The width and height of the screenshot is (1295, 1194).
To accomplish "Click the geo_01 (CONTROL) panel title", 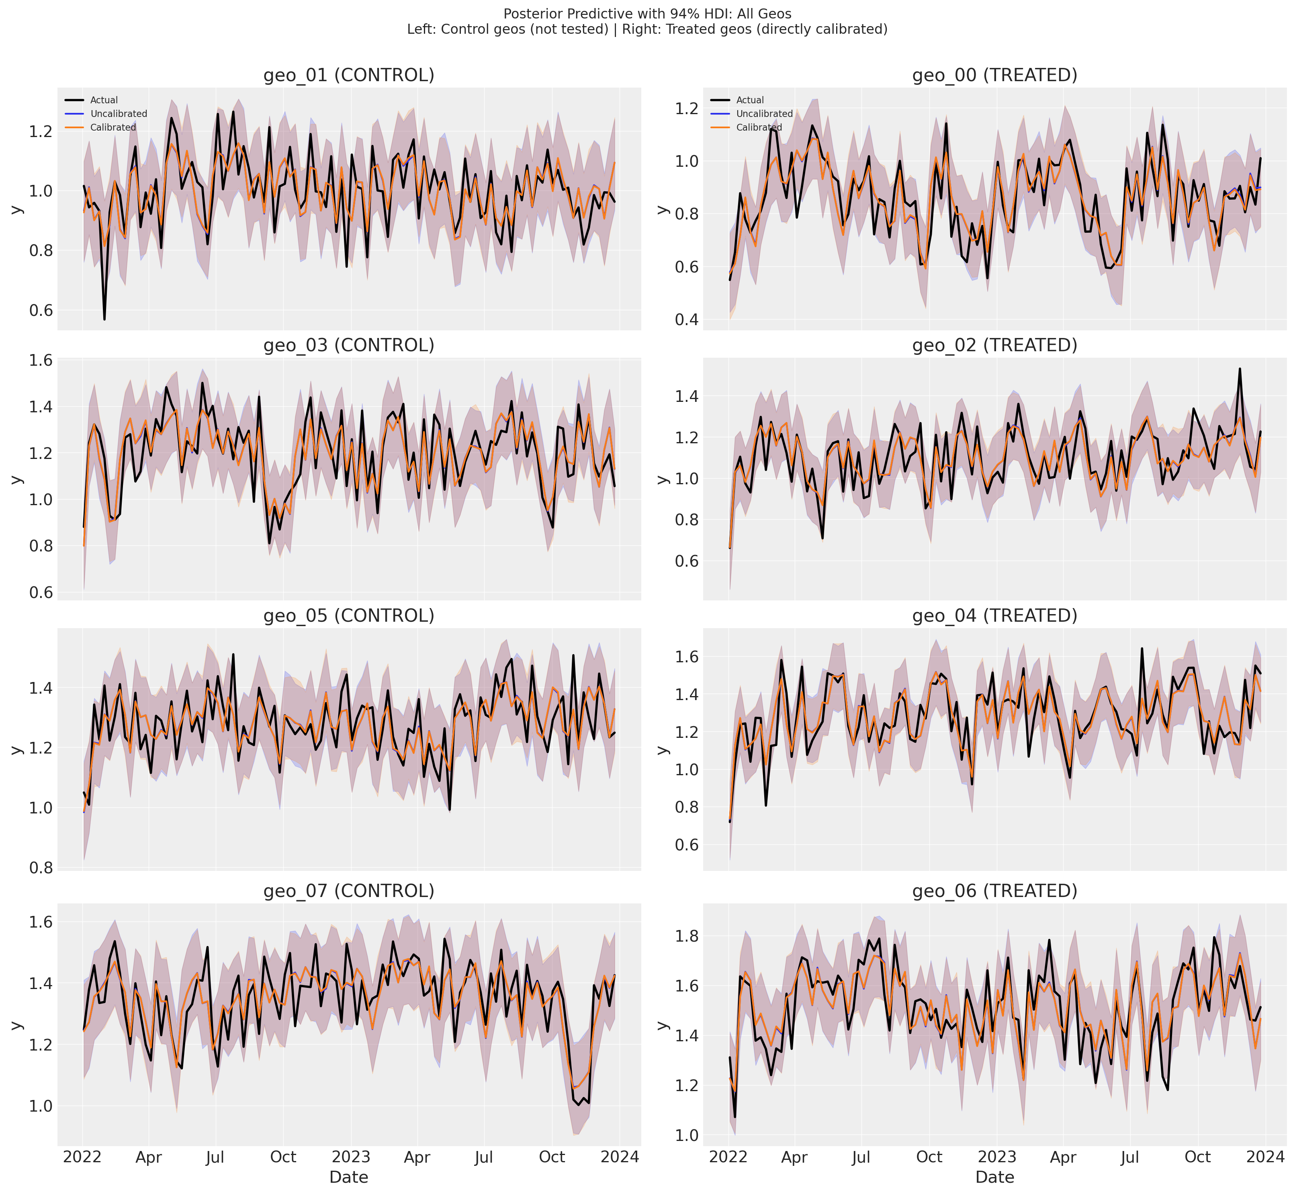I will click(349, 76).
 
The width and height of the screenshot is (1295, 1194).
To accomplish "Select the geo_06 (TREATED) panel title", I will click(995, 891).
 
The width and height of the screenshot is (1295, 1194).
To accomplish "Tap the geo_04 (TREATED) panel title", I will click(995, 616).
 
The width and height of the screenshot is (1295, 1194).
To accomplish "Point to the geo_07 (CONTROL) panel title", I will click(349, 891).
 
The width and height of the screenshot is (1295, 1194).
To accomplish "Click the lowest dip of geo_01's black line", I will click(104, 319).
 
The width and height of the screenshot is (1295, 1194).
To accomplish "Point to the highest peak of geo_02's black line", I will click(1240, 369).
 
